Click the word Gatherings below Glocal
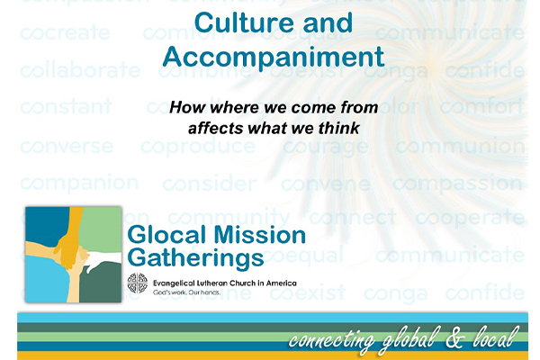[x=196, y=258]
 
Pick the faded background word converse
[x=67, y=146]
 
